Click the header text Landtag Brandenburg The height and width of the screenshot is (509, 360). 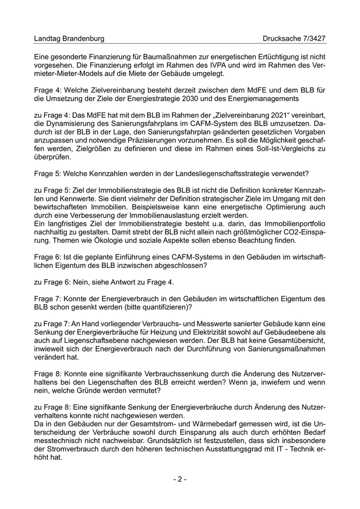click(69, 39)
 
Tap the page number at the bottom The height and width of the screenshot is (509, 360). click(179, 479)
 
